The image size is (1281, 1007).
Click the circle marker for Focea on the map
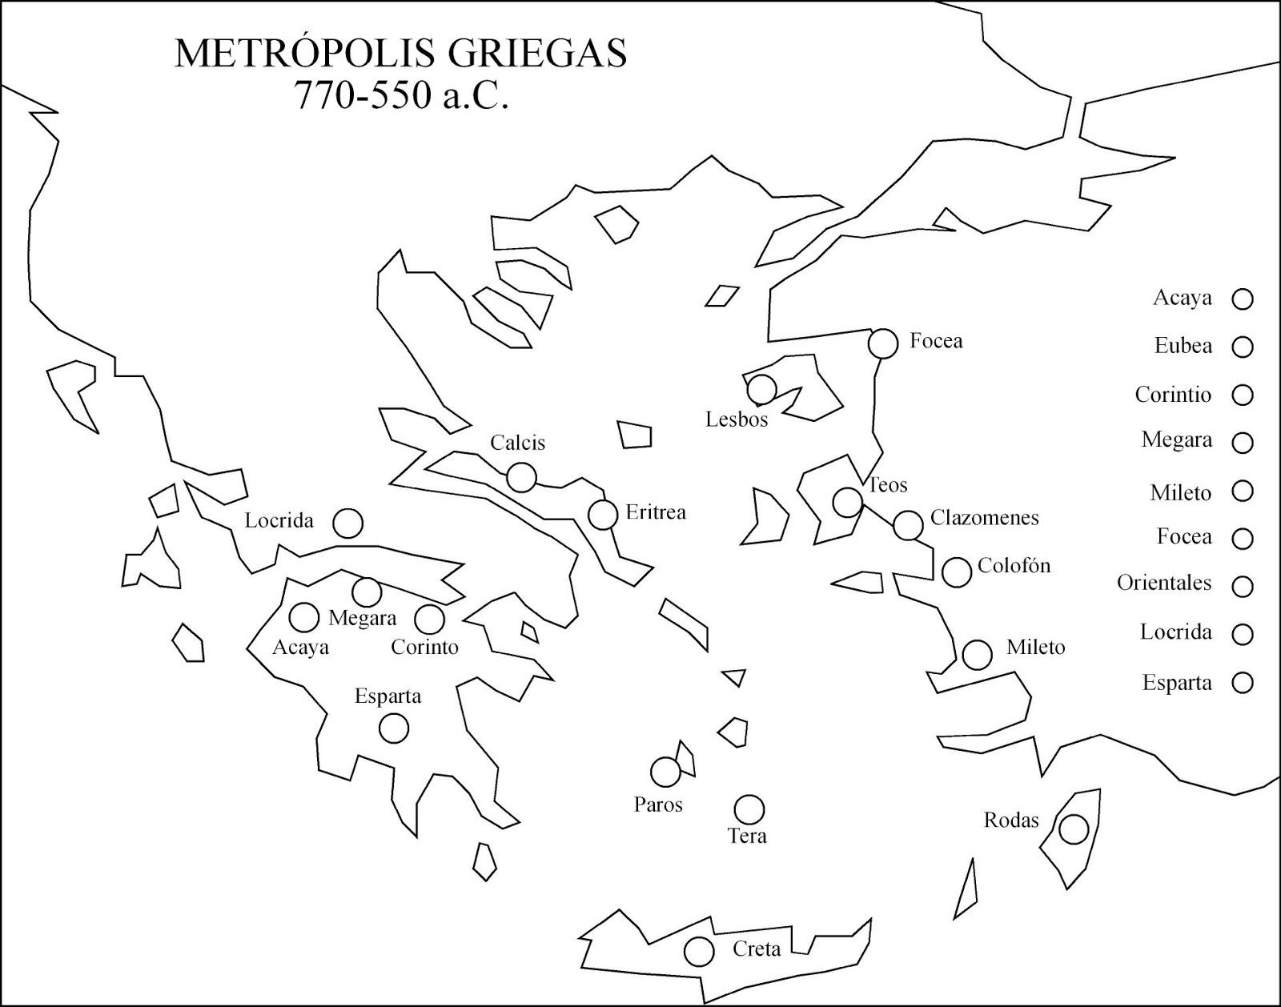pyautogui.click(x=884, y=343)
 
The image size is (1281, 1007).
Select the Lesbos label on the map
pyautogui.click(x=736, y=419)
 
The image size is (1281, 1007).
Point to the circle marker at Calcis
pyautogui.click(x=521, y=478)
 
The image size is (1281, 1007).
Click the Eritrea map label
pyautogui.click(x=656, y=512)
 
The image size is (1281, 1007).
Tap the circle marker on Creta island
pyautogui.click(x=699, y=952)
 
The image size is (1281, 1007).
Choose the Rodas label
pyautogui.click(x=1011, y=820)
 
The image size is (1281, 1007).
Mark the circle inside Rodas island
pyautogui.click(x=1074, y=829)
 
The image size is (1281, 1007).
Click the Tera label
pyautogui.click(x=747, y=836)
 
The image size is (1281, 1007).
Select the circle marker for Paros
pyautogui.click(x=665, y=772)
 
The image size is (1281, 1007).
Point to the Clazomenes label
pyautogui.click(x=984, y=518)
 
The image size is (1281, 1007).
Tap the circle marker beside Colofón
pyautogui.click(x=957, y=572)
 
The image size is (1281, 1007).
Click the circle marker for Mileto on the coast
pyautogui.click(x=978, y=655)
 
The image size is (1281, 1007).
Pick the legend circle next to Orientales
pyautogui.click(x=1243, y=586)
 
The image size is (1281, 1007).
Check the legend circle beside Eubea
pyautogui.click(x=1243, y=347)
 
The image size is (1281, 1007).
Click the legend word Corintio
pyautogui.click(x=1173, y=395)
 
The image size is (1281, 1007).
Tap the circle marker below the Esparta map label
pyautogui.click(x=393, y=728)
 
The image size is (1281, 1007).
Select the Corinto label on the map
pyautogui.click(x=424, y=647)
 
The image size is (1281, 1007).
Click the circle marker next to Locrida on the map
pyautogui.click(x=347, y=524)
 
